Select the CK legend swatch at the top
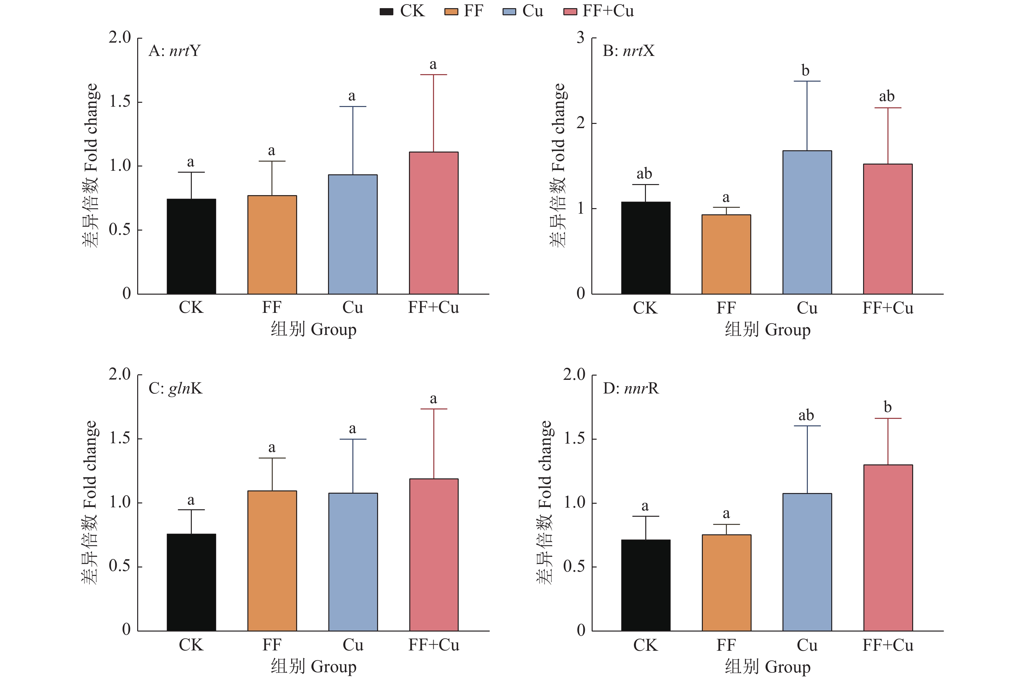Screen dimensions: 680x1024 pyautogui.click(x=386, y=12)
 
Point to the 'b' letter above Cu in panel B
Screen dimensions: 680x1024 pyautogui.click(x=805, y=70)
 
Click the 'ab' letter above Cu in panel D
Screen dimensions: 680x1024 pyautogui.click(x=806, y=416)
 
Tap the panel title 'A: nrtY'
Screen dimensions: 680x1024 pyautogui.click(x=174, y=51)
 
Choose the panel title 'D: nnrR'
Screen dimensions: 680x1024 pyautogui.click(x=631, y=388)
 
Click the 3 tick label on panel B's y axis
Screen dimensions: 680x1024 pyautogui.click(x=581, y=38)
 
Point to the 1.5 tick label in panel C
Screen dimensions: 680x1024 pyautogui.click(x=120, y=438)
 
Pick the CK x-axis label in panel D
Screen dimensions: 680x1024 pyautogui.click(x=645, y=645)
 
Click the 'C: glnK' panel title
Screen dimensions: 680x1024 pyautogui.click(x=175, y=388)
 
